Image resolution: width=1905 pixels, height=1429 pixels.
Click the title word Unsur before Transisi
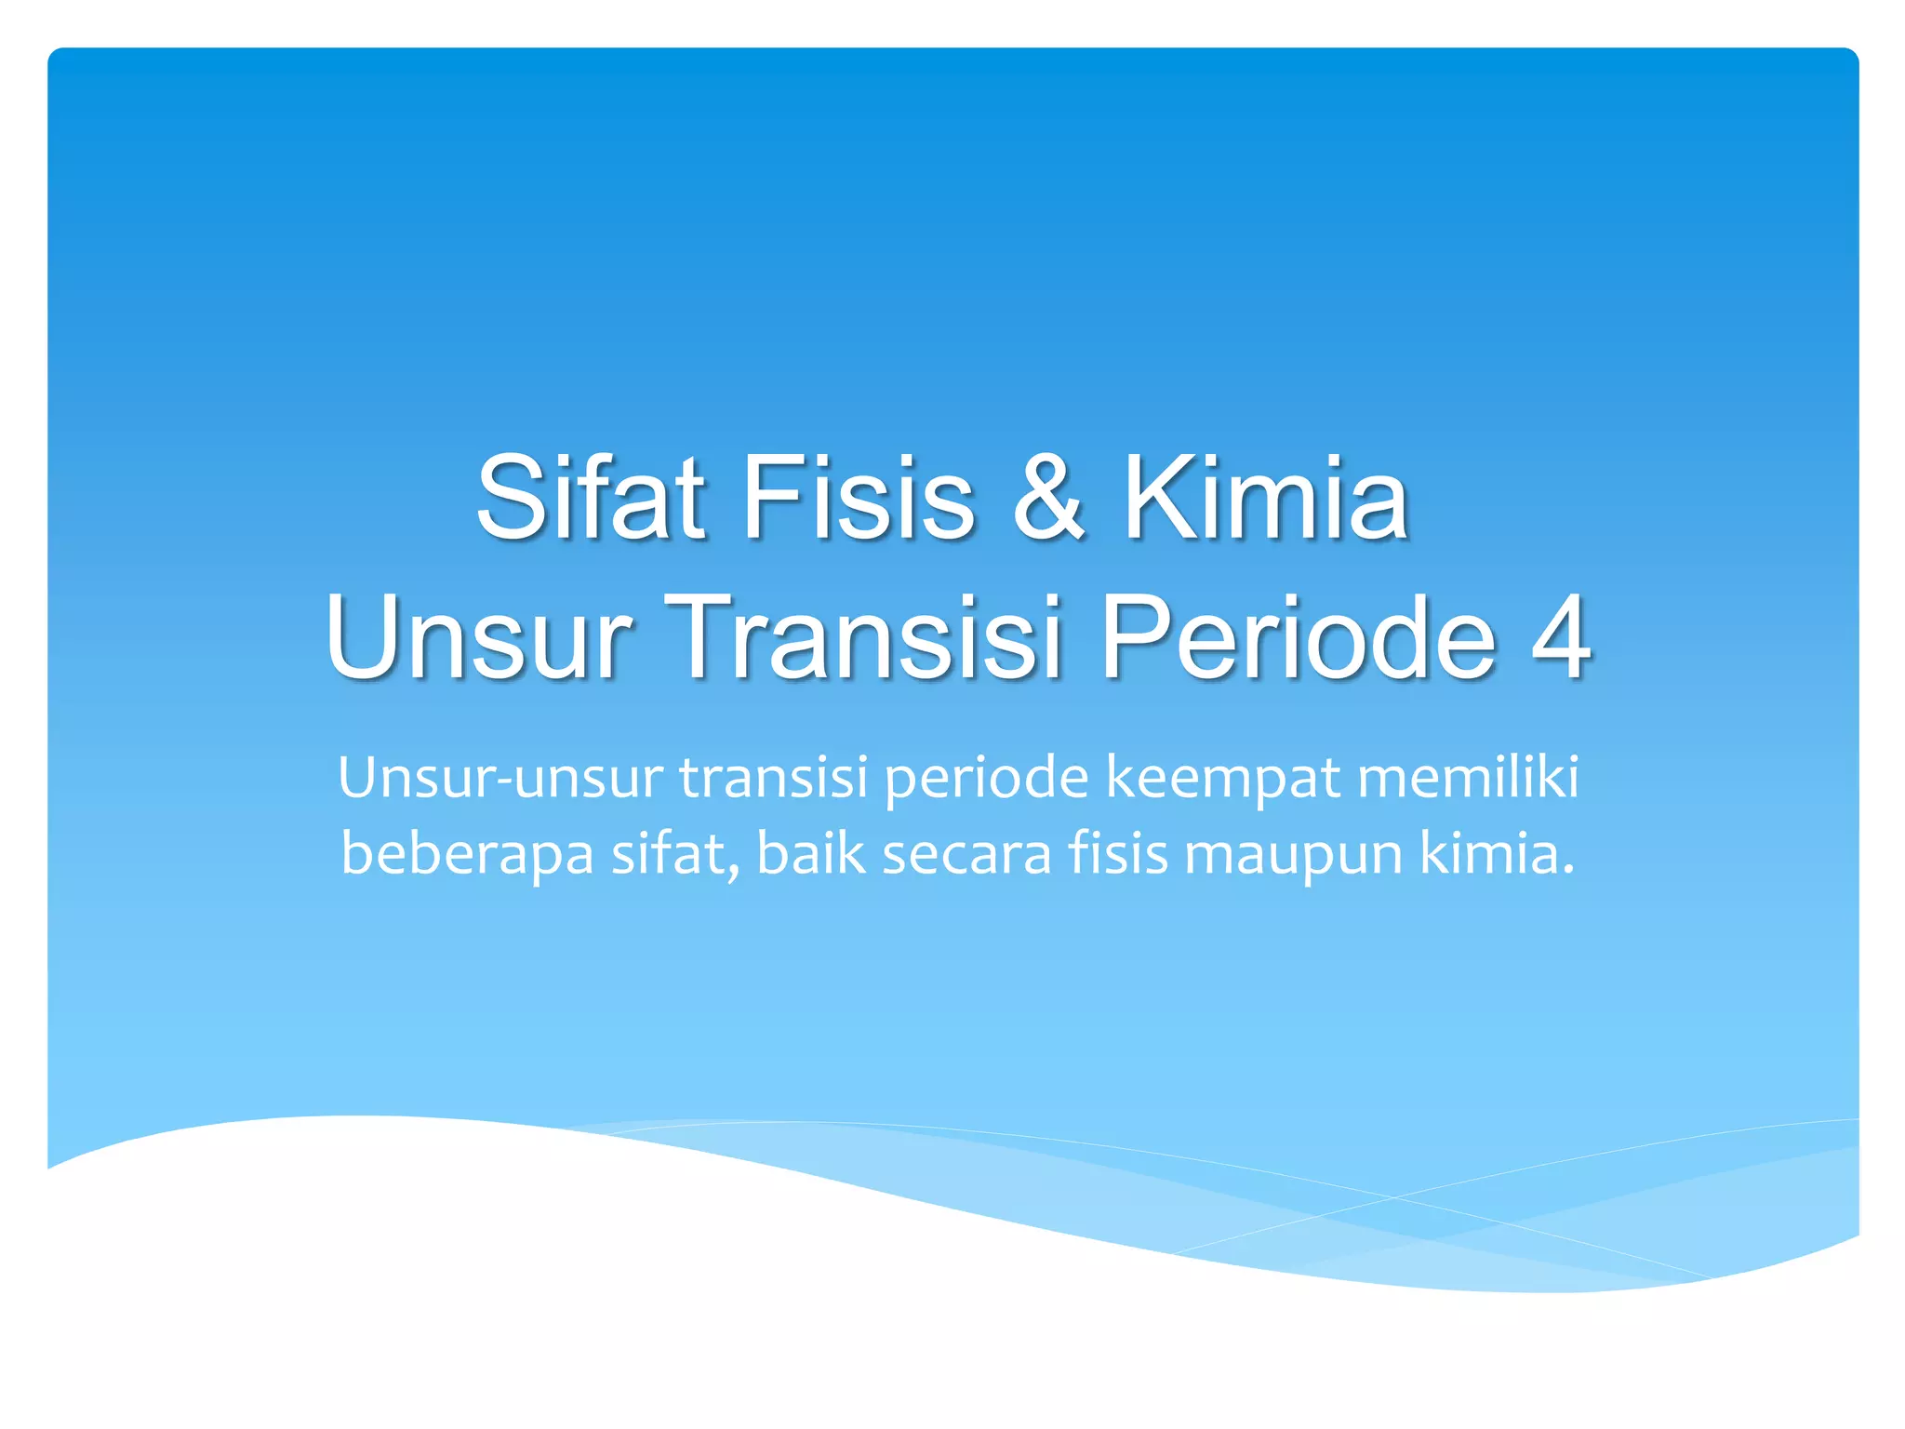click(479, 639)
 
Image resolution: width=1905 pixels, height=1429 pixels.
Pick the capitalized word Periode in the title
click(1299, 639)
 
